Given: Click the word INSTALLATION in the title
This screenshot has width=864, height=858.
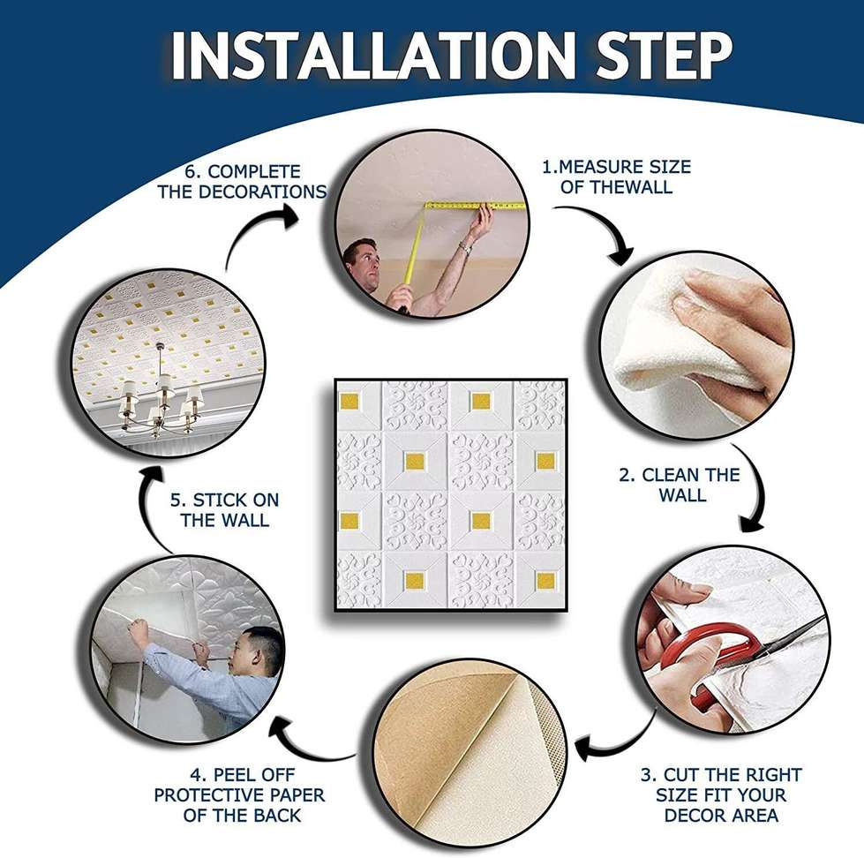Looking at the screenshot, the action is click(373, 56).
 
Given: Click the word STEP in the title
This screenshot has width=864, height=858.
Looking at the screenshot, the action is click(664, 56).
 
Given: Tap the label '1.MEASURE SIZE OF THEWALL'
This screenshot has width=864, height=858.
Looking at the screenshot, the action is click(617, 177).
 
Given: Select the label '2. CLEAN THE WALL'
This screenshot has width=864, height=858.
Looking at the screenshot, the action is click(680, 485).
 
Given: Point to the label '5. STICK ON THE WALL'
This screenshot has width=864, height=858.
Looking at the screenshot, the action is click(224, 510).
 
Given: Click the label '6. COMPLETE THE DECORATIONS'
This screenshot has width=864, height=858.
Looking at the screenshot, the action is click(242, 182).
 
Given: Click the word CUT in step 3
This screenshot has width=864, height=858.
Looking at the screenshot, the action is click(682, 775).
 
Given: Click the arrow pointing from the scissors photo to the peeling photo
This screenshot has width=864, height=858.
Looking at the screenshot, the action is click(617, 744).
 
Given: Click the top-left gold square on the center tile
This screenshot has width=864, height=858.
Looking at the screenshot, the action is click(349, 402).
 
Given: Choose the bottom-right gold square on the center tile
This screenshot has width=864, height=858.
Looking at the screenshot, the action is click(545, 580).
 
